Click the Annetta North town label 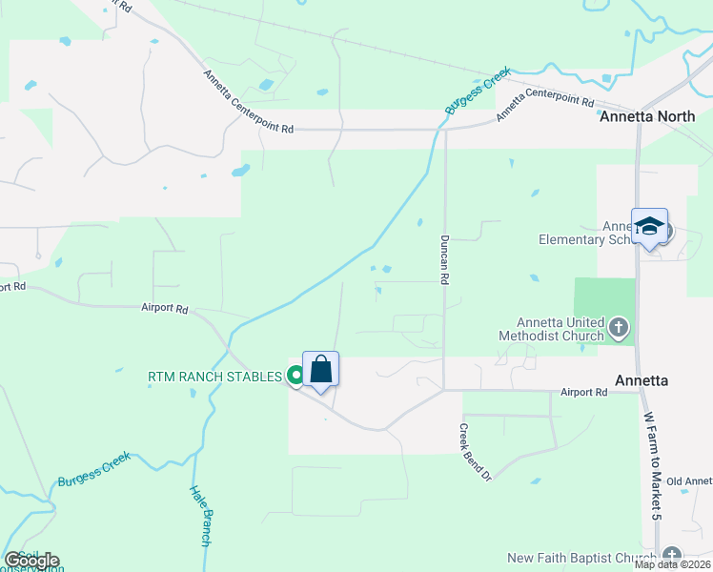(647, 117)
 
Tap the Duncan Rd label (444, 260)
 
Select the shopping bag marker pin (321, 370)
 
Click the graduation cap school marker (649, 227)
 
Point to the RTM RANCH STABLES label (215, 377)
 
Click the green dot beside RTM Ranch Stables (295, 377)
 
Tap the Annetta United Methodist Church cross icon (620, 329)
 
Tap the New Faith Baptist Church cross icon (672, 557)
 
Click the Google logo (31, 561)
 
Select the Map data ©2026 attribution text (673, 564)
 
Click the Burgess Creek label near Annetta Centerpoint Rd (479, 92)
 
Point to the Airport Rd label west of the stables (165, 309)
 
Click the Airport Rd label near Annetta (583, 392)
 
